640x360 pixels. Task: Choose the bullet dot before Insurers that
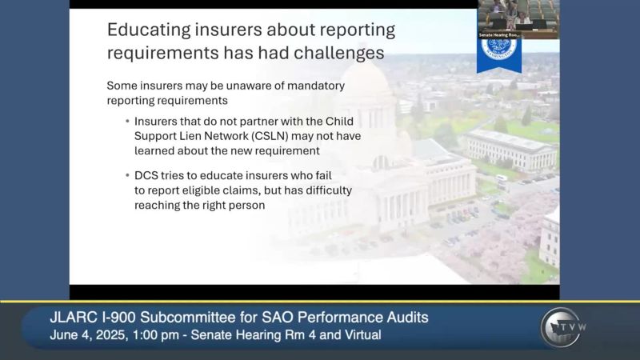click(126, 122)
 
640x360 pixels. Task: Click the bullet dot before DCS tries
click(126, 175)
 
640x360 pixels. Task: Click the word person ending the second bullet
click(245, 205)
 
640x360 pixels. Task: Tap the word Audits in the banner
click(405, 318)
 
